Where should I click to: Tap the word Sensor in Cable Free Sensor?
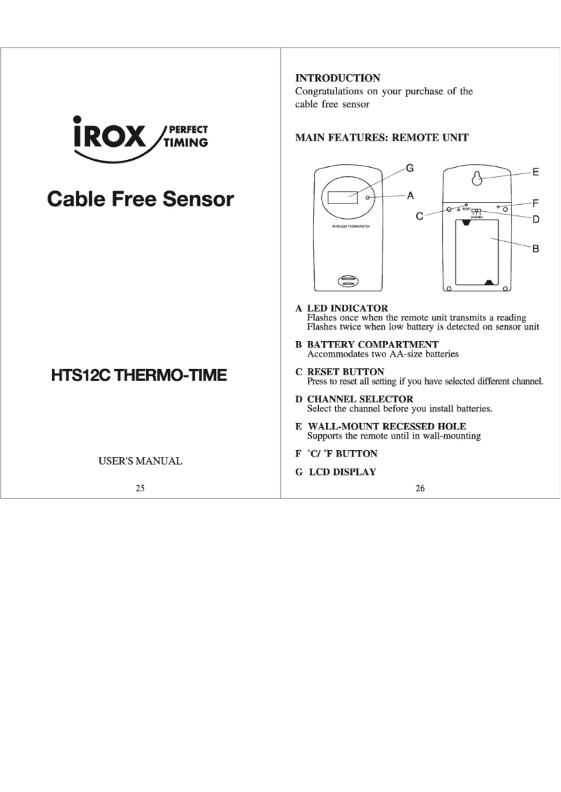point(199,199)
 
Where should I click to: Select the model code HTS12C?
point(80,375)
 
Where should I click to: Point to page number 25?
point(140,489)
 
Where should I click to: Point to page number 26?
point(420,489)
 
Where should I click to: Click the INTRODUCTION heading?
point(337,78)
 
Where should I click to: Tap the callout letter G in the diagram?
point(410,168)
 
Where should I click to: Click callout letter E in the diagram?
point(535,171)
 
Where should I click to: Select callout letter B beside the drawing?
point(535,248)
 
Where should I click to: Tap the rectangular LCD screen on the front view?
point(343,196)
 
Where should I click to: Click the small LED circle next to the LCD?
point(368,198)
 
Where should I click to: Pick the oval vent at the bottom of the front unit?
point(348,281)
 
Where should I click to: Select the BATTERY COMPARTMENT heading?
point(372,345)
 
